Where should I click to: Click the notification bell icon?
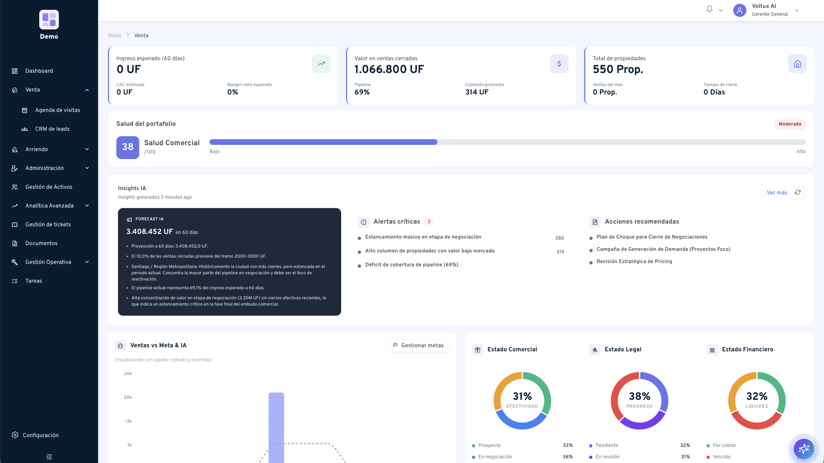[709, 9]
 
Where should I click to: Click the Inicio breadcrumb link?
[115, 35]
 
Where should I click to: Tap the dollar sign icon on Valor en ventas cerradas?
[559, 64]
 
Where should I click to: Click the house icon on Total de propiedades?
[797, 64]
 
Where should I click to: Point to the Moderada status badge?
[790, 124]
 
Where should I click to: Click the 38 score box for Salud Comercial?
[128, 147]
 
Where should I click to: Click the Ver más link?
[777, 193]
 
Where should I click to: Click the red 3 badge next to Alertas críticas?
[429, 222]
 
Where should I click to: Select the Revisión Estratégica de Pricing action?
[634, 262]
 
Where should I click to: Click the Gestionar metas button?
[418, 346]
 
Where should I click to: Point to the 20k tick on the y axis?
[128, 397]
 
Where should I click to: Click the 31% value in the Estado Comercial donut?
[522, 396]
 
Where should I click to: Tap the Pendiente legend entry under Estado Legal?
[604, 445]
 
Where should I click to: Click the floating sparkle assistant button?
[803, 449]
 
